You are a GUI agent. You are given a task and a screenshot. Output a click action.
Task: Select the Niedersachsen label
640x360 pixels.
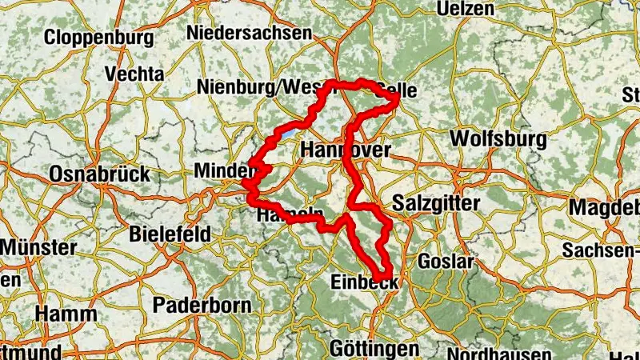pos(249,33)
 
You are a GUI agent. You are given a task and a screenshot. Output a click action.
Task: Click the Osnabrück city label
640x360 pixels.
pos(99,174)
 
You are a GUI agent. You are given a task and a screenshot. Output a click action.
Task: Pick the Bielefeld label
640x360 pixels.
pos(170,234)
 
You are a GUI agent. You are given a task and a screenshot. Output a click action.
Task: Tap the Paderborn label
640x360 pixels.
pos(202,305)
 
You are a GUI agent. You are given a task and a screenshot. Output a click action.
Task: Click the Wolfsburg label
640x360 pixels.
pos(498,138)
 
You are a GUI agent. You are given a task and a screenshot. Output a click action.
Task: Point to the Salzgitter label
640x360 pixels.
pos(437,204)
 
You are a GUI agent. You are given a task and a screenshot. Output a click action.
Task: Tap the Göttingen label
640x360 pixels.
pos(374,349)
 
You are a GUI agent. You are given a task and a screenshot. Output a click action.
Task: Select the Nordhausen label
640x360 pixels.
pos(498,354)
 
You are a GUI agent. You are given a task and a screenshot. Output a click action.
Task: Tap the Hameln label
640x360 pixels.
pos(290,216)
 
